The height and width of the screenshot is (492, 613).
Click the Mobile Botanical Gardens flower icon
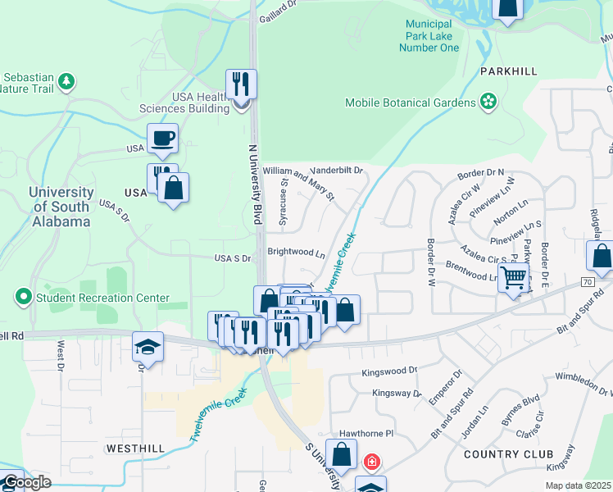click(x=488, y=102)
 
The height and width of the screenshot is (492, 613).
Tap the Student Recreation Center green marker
click(x=24, y=297)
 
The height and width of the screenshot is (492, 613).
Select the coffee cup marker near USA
click(x=162, y=138)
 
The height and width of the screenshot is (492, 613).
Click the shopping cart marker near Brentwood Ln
click(x=513, y=277)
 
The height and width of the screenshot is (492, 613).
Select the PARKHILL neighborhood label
click(x=515, y=71)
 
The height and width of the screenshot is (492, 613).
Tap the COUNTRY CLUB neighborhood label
click(x=508, y=453)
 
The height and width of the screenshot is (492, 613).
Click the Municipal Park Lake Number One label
click(x=429, y=36)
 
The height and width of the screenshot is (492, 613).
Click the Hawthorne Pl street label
click(x=367, y=433)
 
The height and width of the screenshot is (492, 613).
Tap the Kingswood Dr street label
click(x=390, y=372)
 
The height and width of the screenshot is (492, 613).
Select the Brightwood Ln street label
click(x=296, y=253)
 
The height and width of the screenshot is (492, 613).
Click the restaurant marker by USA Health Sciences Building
click(x=241, y=83)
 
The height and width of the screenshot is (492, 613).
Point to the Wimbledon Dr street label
click(x=573, y=379)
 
